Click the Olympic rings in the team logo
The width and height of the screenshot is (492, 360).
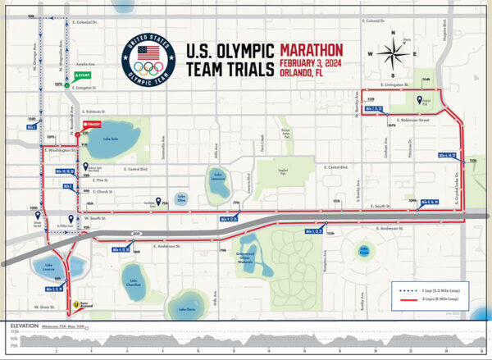pos(148,70)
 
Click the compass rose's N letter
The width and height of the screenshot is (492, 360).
pos(392,35)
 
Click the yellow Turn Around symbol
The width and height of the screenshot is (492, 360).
pos(76,305)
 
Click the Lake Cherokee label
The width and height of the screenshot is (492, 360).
pos(134,283)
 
